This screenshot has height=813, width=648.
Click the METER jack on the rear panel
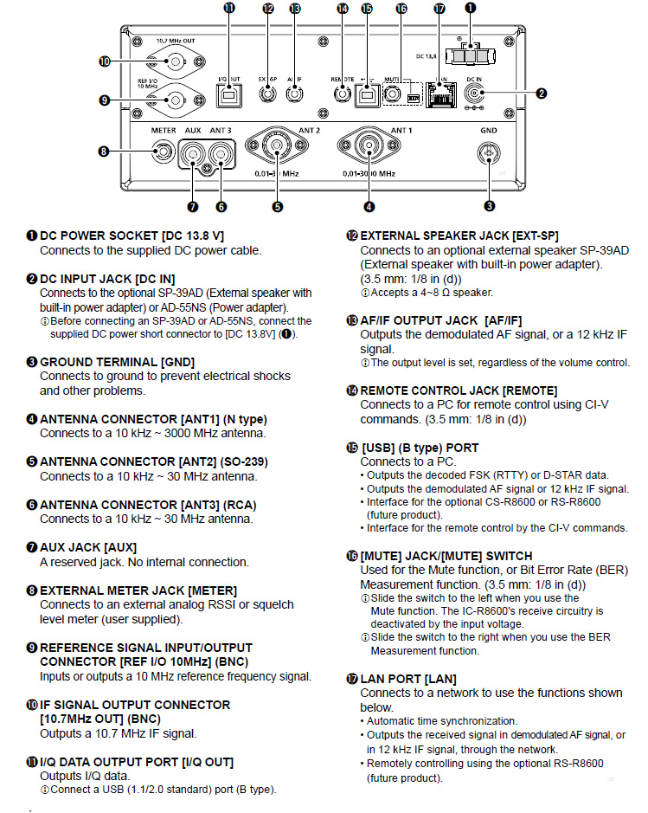coord(161,154)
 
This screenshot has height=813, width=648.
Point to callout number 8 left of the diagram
coord(104,152)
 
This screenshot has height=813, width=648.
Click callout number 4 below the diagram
coord(369,206)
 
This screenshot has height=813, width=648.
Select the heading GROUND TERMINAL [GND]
coord(117,361)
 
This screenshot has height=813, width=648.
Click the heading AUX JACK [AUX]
coord(88,547)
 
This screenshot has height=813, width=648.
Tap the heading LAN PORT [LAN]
coord(408,679)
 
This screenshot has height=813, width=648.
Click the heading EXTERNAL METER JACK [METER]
coord(126,590)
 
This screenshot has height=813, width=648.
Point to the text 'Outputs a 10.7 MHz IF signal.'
coord(119,732)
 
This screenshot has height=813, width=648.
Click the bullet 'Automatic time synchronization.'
coord(442,720)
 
